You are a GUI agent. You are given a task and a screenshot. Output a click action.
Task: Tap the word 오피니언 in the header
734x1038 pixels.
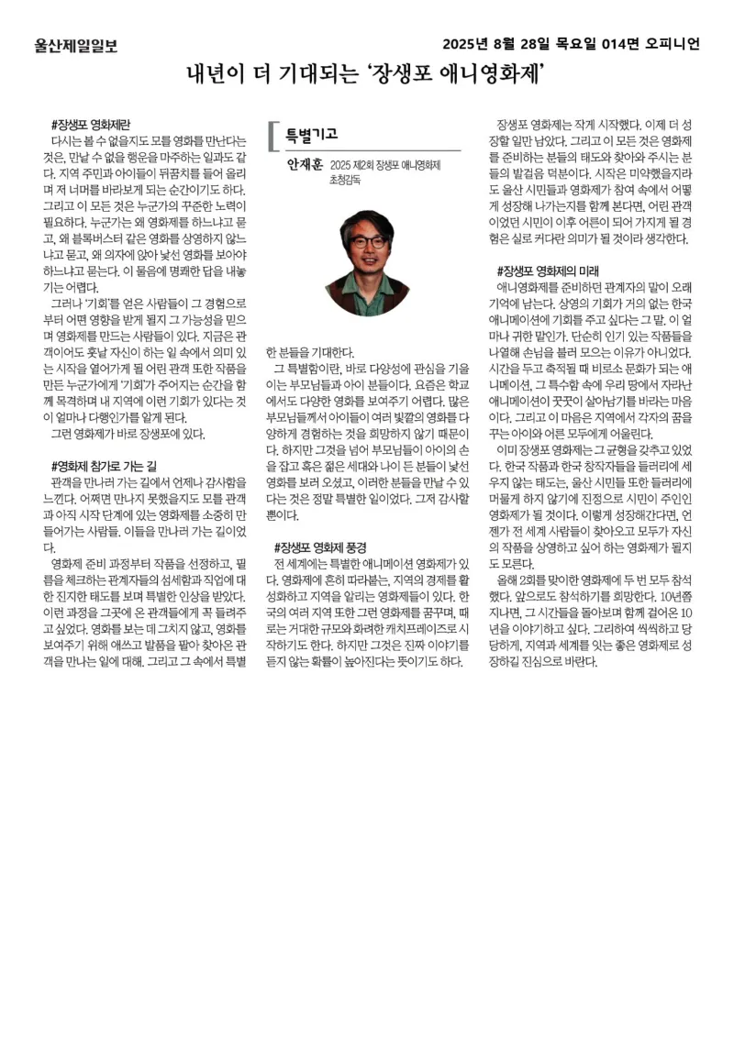[x=673, y=44]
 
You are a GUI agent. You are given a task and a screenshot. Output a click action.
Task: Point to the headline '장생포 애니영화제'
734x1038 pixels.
[x=459, y=72]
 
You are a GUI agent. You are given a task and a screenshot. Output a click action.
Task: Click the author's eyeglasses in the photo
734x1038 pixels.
[x=367, y=242]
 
